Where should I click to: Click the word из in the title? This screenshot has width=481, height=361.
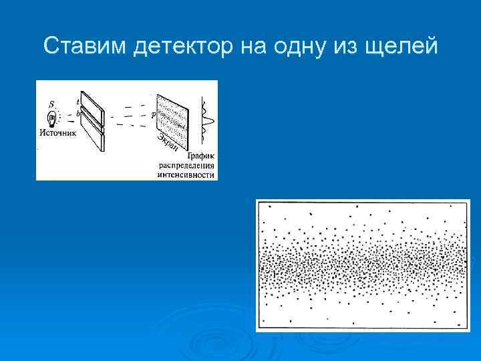353,46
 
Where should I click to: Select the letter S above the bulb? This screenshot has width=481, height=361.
51,104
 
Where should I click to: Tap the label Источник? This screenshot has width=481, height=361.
58,133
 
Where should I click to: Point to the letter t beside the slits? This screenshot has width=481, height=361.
77,102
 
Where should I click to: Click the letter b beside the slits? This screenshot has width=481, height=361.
77,114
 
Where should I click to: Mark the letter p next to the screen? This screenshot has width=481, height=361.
153,115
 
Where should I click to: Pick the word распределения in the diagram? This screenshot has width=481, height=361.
186,165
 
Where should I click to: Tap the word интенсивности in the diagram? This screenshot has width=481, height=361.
186,175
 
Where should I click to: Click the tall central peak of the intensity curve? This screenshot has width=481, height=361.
209,120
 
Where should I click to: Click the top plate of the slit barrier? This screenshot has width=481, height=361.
92,105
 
